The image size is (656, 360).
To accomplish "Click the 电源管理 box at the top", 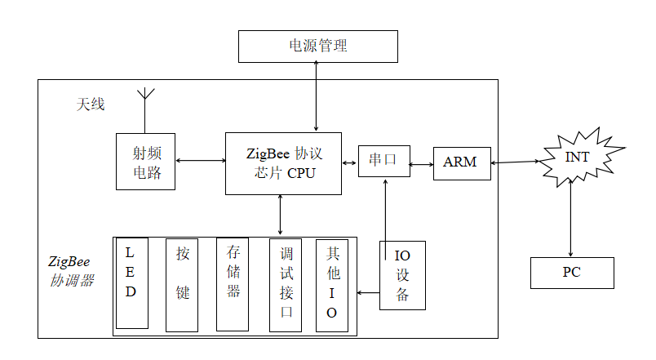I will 317,47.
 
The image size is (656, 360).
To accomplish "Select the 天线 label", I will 91,105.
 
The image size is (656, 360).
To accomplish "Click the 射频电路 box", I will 145,161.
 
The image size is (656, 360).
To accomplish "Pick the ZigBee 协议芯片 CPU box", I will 283,163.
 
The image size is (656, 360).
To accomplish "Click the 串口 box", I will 383,161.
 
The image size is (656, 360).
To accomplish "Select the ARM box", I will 461,162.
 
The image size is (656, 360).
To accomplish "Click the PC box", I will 571,273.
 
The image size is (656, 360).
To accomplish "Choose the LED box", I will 131,282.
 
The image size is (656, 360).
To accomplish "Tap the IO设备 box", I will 402,275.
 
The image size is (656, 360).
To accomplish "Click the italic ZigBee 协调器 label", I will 70,271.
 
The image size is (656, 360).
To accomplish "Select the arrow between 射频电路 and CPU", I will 200,161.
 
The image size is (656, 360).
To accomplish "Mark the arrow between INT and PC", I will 570,222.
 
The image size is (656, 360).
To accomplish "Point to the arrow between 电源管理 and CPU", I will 317,97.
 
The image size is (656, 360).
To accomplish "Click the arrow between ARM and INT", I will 516,162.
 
